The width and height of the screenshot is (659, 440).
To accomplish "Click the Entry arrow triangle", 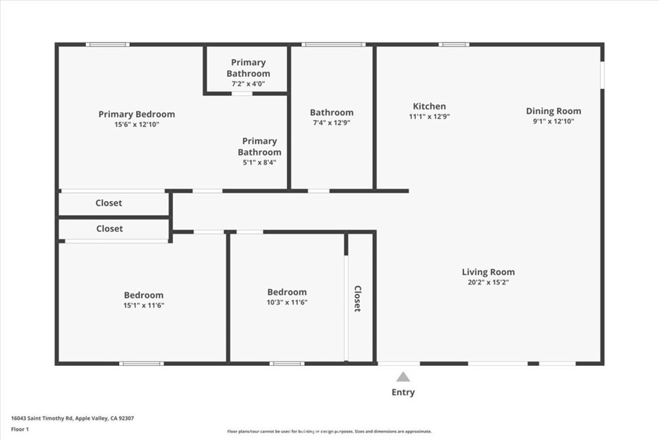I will pos(403,377).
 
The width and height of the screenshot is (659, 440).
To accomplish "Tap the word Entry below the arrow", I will pos(403,392).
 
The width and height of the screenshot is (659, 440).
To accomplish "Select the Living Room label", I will pos(488,272).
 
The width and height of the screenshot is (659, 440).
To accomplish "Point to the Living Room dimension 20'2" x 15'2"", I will pos(488,282).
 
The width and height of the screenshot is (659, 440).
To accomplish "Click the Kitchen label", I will pos(429,106).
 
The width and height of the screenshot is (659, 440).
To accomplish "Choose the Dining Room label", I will pos(553,111).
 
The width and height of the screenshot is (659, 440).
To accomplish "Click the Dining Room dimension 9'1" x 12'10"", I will pos(553,121).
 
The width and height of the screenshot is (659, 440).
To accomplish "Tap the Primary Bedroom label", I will pos(136,114).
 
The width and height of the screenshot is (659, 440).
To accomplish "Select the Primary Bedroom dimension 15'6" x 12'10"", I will pos(136,124).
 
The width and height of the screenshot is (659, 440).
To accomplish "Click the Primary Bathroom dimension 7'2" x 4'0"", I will pos(248,84).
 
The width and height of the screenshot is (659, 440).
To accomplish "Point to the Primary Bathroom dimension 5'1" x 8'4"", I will pos(259,162).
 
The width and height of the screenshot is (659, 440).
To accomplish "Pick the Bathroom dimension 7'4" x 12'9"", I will pos(331,122).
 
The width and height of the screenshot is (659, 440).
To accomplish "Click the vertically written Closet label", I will pos(357,299).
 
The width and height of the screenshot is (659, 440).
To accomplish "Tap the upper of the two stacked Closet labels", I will pos(109,203).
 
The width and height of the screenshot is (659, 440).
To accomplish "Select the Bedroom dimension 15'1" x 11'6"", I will pos(144,305).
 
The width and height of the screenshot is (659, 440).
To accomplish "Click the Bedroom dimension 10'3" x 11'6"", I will pos(287,302).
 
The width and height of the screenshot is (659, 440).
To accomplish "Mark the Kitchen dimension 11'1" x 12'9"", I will pos(429,117).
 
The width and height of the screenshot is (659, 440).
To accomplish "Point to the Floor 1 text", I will pos(21,428).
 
